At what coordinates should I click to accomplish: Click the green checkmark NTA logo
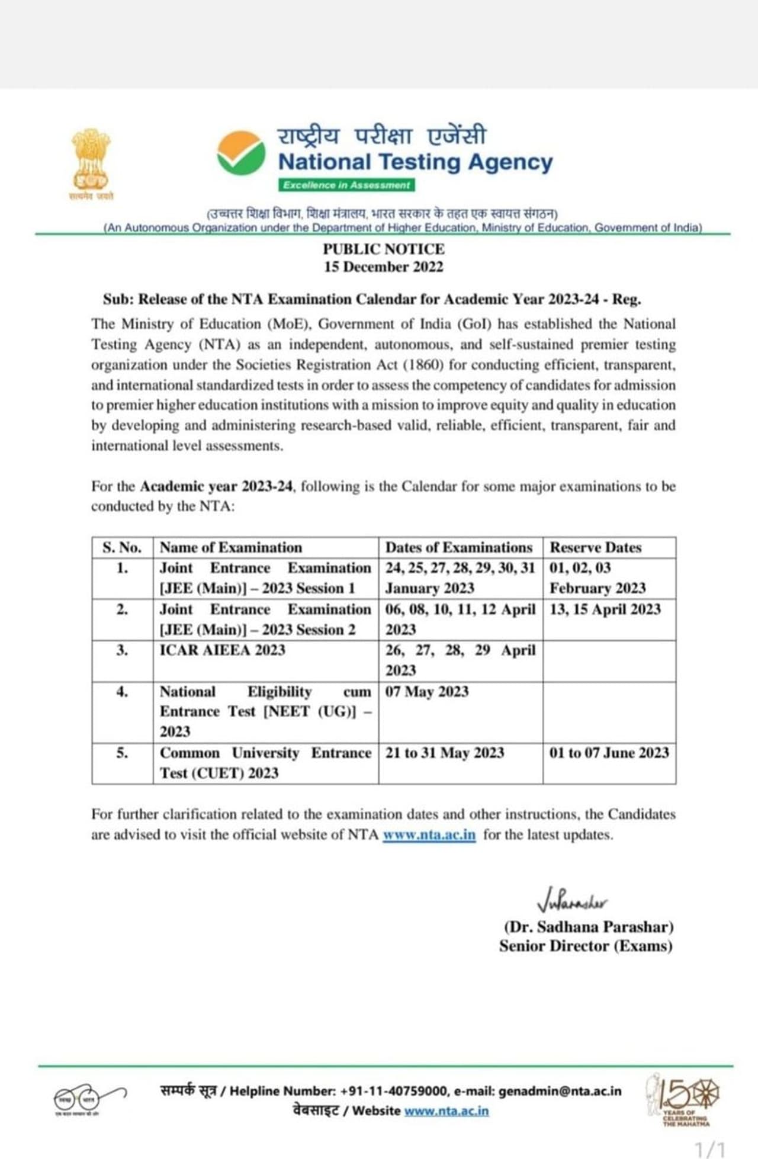[x=240, y=152]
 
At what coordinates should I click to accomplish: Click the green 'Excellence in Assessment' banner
[x=346, y=185]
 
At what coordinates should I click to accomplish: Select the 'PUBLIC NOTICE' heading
[x=383, y=249]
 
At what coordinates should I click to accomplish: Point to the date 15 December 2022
[x=383, y=267]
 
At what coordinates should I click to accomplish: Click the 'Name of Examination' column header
[x=231, y=547]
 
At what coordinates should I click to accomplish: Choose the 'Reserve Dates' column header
[x=595, y=547]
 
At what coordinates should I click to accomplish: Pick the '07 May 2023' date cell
[x=427, y=692]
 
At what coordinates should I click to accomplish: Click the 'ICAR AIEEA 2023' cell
[x=223, y=650]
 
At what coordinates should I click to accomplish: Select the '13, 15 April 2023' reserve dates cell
[x=605, y=609]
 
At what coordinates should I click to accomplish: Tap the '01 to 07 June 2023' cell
[x=609, y=753]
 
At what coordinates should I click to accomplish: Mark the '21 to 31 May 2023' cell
[x=445, y=753]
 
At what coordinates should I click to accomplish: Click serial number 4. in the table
[x=122, y=692]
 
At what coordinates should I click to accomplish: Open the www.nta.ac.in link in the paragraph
[x=429, y=835]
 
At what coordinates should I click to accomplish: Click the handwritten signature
[x=571, y=901]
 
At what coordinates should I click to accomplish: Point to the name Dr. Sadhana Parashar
[x=589, y=926]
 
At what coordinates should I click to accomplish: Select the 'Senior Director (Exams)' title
[x=586, y=946]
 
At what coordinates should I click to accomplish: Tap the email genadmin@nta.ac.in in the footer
[x=560, y=1091]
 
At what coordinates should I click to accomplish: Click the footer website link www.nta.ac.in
[x=447, y=1110]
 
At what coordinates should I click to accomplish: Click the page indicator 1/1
[x=709, y=1149]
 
